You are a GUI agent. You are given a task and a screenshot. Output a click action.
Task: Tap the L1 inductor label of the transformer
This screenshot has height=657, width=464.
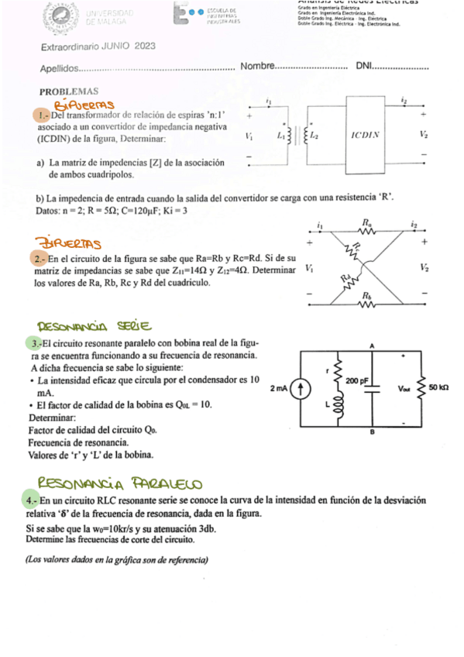click(x=280, y=134)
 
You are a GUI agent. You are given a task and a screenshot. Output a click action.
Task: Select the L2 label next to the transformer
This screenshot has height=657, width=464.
click(x=314, y=134)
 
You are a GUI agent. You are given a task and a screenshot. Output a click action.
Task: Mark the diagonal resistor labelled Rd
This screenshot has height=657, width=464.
click(x=348, y=277)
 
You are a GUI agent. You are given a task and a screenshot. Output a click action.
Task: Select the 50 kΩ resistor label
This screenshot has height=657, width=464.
click(x=439, y=385)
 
